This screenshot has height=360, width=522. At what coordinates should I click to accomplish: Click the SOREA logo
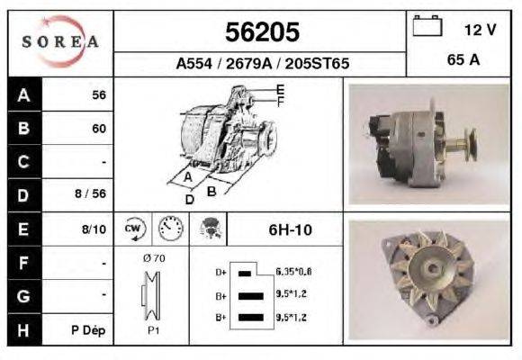(61, 42)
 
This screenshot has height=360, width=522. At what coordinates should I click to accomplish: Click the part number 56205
(262, 32)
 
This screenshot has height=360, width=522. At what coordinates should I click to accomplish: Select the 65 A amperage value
(463, 62)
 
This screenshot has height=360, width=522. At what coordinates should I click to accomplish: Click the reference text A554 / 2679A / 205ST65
(262, 64)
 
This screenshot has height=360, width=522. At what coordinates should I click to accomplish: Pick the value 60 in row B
(99, 128)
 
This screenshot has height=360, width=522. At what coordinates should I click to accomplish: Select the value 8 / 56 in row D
(92, 193)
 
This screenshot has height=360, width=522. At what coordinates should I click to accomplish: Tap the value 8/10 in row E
(94, 229)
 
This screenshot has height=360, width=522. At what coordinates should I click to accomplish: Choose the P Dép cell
(89, 330)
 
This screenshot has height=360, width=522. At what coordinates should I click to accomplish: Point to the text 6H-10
(291, 229)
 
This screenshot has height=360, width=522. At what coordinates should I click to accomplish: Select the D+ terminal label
(221, 271)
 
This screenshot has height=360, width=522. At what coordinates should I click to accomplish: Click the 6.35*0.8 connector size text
(293, 271)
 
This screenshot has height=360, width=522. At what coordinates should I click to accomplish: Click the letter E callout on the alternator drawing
(280, 89)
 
